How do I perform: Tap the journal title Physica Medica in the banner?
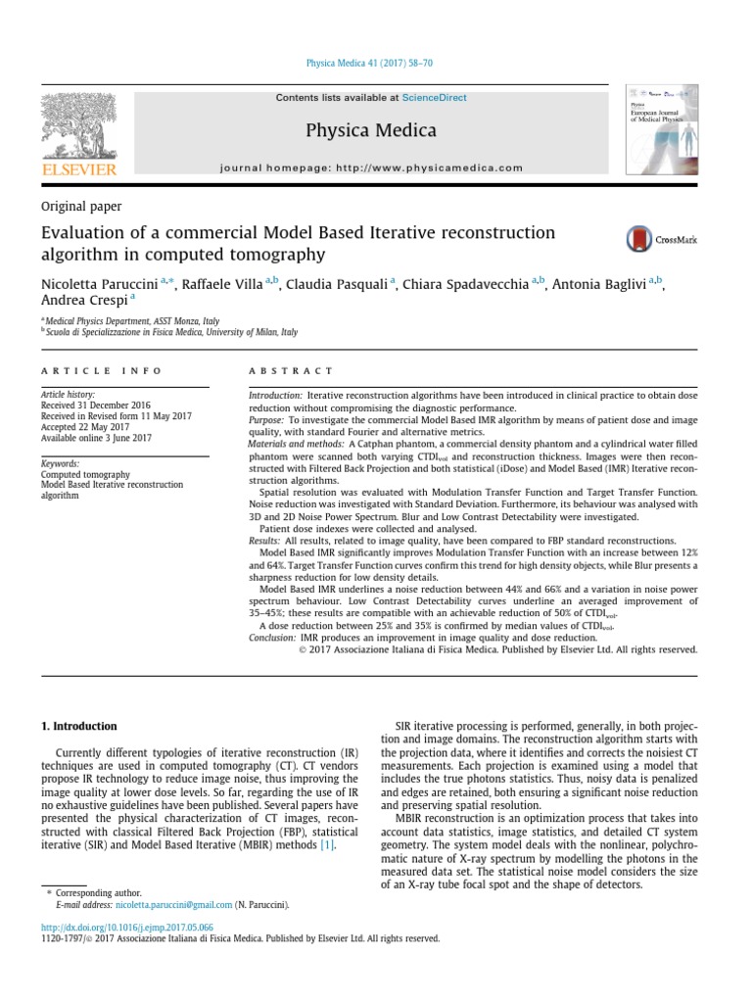pyautogui.click(x=371, y=130)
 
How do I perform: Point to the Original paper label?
pyautogui.click(x=80, y=206)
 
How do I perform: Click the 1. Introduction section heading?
pyautogui.click(x=78, y=726)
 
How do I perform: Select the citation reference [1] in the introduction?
pyautogui.click(x=329, y=845)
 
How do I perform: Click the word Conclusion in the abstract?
pyautogui.click(x=272, y=637)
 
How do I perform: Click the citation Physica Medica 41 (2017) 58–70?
pyautogui.click(x=370, y=64)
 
